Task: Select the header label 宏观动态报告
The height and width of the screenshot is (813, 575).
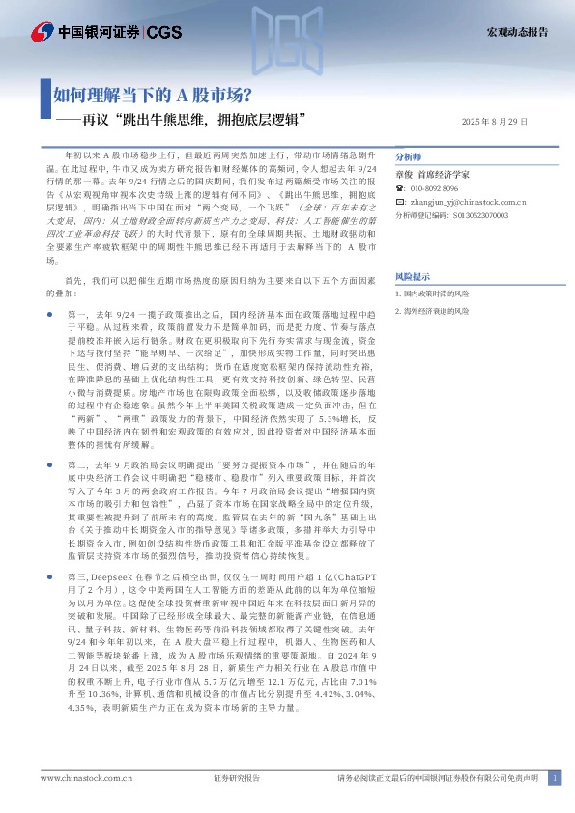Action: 515,32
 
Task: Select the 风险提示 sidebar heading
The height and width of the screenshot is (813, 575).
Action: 413,275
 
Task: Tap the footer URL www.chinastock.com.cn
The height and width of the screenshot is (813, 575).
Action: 79,778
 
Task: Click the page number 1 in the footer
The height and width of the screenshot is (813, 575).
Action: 555,778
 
